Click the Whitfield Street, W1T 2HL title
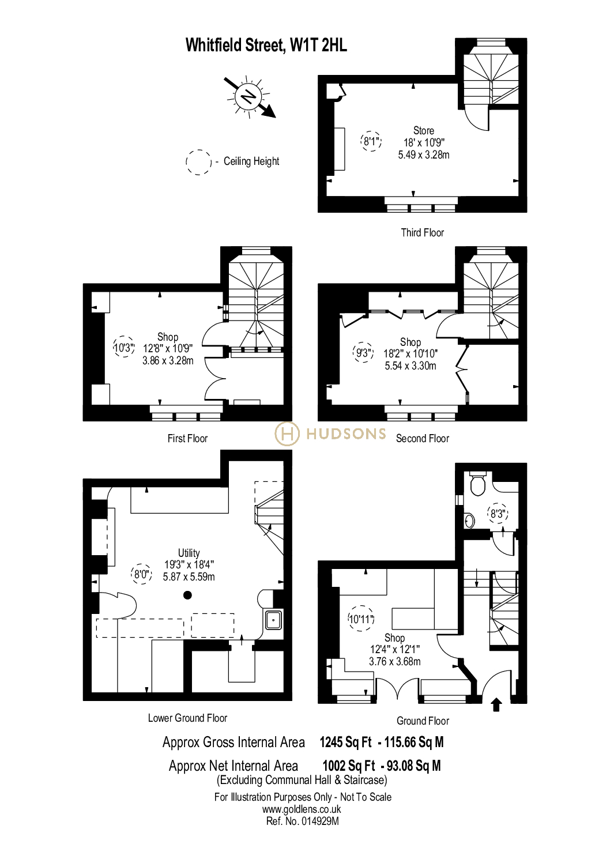click(266, 46)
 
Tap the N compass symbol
click(249, 97)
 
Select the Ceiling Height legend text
click(251, 161)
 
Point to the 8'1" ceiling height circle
click(371, 141)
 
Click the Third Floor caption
click(423, 233)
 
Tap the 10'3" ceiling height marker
click(124, 348)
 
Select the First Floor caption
click(187, 439)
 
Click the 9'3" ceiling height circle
click(363, 353)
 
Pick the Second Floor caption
click(423, 439)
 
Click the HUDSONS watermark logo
click(330, 434)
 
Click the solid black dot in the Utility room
click(187, 596)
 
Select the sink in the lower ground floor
click(273, 621)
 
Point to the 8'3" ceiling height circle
click(498, 514)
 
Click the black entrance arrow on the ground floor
click(496, 704)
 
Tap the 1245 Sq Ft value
click(346, 743)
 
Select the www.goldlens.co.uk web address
click(302, 809)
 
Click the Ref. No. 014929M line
click(303, 821)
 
